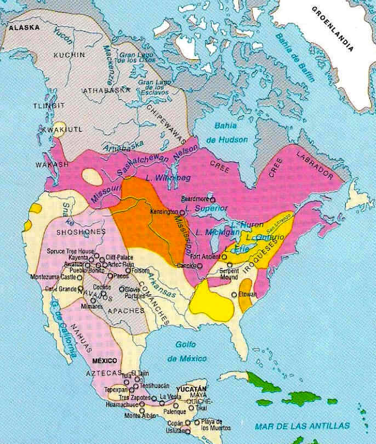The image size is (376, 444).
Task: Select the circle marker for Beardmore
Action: coord(213,200)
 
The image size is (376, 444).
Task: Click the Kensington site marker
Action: coord(181,212)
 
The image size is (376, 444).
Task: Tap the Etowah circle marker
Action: coord(234,295)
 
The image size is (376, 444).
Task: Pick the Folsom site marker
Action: coord(128,270)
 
